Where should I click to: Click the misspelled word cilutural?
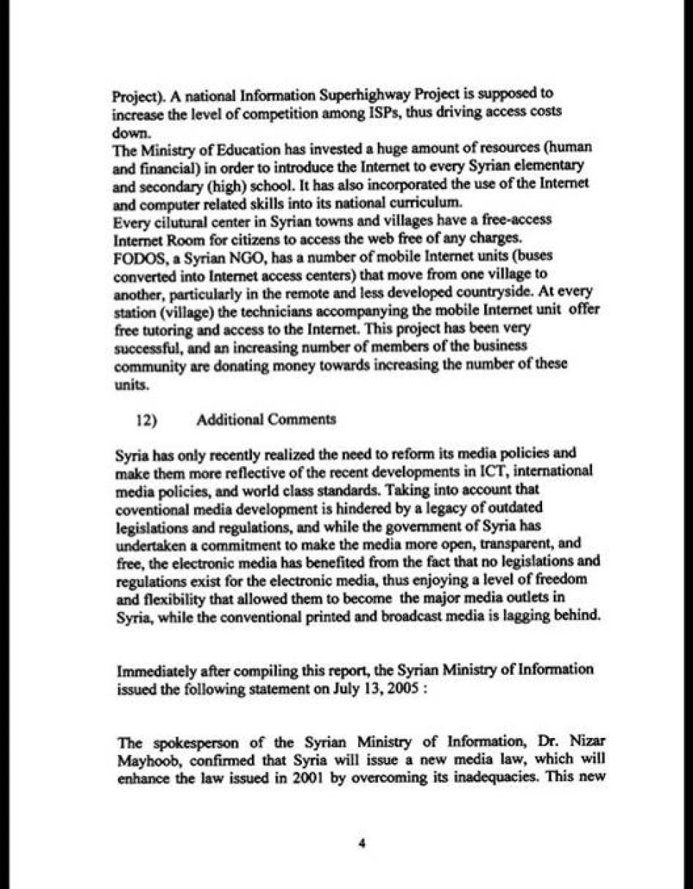(x=174, y=221)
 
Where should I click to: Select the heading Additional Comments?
(x=267, y=419)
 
